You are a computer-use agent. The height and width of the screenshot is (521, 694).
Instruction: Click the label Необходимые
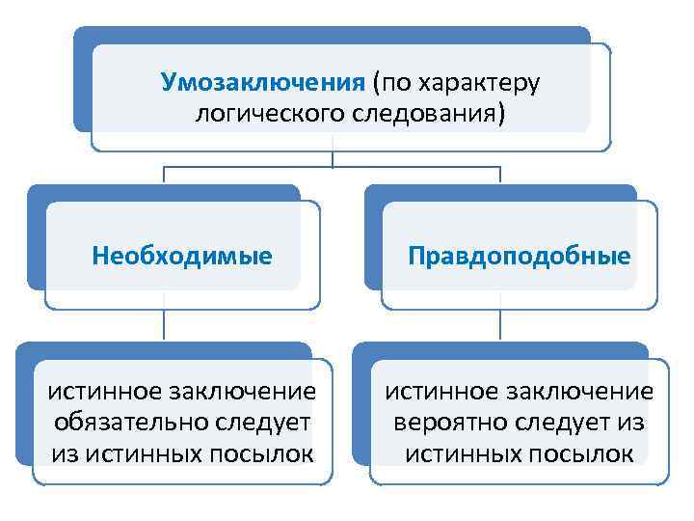(x=182, y=257)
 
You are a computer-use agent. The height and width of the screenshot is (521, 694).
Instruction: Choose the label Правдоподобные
(x=519, y=257)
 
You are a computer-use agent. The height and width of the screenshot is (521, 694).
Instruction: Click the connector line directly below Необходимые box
(x=163, y=325)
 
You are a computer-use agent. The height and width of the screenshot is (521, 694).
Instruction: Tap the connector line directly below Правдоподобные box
(x=502, y=325)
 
